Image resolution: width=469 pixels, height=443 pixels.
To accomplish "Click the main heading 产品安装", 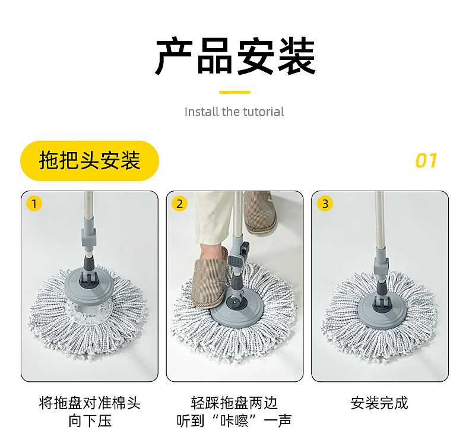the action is coord(235,56).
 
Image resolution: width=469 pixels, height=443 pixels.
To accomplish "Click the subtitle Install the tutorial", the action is coord(234,112).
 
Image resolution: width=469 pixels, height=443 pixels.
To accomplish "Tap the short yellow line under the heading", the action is coord(235,93).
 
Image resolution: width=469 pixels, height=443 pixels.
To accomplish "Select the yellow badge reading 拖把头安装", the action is coord(90,161).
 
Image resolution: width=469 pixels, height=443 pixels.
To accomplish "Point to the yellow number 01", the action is coord(426,160).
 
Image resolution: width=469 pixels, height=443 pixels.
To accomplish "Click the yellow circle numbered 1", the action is coord(34,204).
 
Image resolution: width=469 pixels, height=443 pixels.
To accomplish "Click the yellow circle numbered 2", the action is coord(179,204).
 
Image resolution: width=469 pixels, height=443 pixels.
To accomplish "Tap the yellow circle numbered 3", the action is coord(325,204).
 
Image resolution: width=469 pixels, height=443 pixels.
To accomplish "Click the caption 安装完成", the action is coord(379,403).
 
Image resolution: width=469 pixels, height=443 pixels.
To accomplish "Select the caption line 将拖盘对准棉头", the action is coord(90,403).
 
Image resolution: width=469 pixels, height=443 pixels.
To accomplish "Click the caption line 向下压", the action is coord(90,420).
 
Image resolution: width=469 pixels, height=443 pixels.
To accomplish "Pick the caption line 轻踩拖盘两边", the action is coord(234,403).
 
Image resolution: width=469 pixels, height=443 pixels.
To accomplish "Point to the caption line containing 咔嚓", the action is coord(234,420).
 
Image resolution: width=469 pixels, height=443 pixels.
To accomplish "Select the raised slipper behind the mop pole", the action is coord(259,213).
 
